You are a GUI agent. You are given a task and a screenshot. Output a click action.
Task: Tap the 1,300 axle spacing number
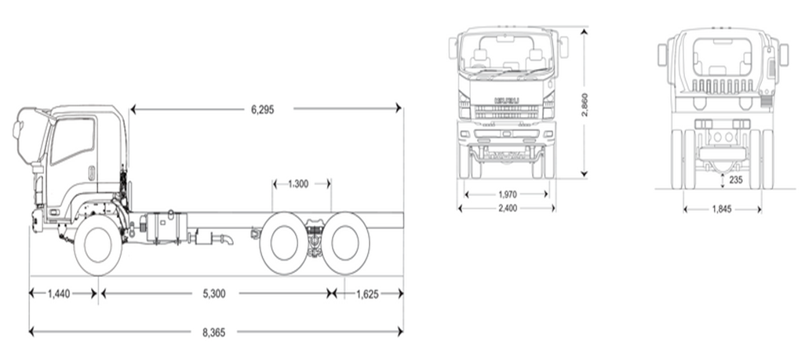point(297,184)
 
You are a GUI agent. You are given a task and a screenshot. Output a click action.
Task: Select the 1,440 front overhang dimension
point(60,294)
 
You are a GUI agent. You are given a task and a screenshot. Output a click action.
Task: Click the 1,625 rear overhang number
point(367,294)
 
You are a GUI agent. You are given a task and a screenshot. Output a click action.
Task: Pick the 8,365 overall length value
point(213,332)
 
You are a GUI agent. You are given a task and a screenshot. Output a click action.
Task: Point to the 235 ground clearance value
point(735,180)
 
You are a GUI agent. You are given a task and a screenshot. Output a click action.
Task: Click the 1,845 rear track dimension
point(723,209)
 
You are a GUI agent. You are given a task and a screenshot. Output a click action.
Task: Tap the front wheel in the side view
point(98,245)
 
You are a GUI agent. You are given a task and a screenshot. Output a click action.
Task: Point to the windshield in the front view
point(507,53)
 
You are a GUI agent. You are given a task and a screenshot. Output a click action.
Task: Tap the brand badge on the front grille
point(506,100)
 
